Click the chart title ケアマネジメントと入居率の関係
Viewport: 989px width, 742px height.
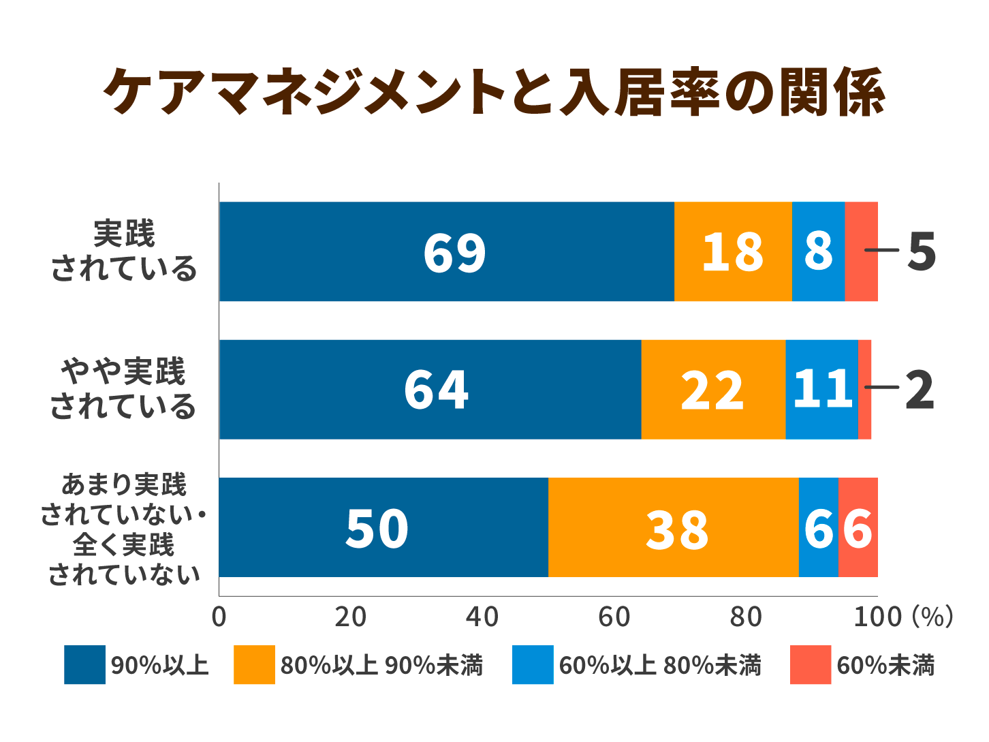pos(494,93)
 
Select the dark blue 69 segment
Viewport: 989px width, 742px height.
pos(446,251)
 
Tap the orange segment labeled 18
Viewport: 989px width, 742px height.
pos(733,251)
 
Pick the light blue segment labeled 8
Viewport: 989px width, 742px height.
pos(818,251)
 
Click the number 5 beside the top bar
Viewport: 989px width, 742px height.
pos(922,251)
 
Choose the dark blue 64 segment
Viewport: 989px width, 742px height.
pos(430,390)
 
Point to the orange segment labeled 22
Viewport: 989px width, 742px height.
pos(712,390)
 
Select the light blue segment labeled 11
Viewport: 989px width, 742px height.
pos(821,390)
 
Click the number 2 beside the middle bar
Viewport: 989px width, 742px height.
pos(920,390)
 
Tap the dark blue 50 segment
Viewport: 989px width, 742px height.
pos(383,527)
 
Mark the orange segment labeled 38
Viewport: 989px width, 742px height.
pos(673,527)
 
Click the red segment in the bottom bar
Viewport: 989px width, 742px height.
pos(858,527)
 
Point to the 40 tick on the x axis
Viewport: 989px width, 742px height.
pos(482,617)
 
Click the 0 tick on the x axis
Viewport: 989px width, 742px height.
pos(219,617)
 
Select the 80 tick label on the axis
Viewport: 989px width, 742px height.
pos(746,617)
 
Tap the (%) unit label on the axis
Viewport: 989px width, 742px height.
pos(932,617)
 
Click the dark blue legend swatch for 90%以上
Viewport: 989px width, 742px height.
pos(84,664)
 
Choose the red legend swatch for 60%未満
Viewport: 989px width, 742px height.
pos(810,664)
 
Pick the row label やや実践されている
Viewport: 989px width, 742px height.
pos(123,389)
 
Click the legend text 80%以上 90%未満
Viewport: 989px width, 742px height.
pos(381,665)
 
